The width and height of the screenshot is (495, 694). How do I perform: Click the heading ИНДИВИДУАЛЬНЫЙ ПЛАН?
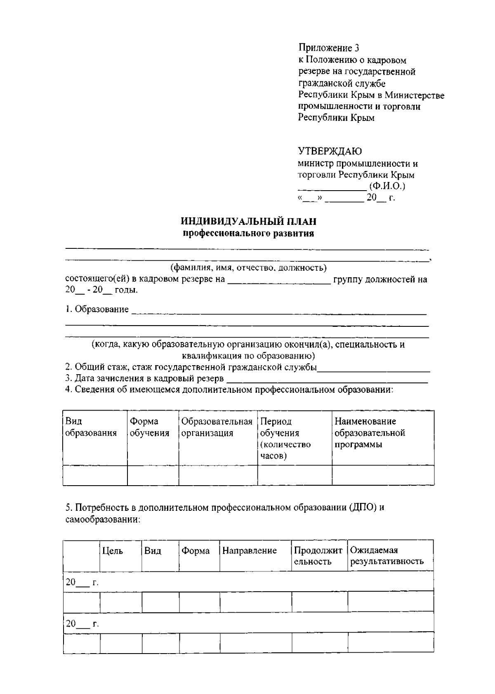click(248, 222)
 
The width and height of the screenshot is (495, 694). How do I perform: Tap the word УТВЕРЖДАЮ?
click(330, 151)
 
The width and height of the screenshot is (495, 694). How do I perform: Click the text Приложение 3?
click(328, 48)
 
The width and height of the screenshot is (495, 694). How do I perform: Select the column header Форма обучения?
click(149, 427)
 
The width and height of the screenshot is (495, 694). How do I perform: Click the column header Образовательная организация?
click(217, 427)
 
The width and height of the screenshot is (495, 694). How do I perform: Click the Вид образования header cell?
click(91, 427)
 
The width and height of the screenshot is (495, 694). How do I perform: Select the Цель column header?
click(112, 551)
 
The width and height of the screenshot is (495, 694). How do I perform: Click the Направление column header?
click(249, 551)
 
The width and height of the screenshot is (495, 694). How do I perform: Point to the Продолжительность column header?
click(318, 556)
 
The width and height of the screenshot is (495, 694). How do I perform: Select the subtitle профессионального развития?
click(248, 234)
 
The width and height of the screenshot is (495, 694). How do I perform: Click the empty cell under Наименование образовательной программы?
click(383, 475)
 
